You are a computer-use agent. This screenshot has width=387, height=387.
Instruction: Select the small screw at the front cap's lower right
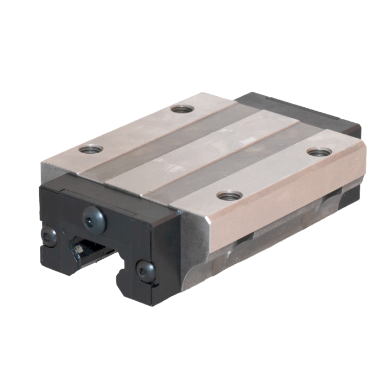click(x=146, y=271)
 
